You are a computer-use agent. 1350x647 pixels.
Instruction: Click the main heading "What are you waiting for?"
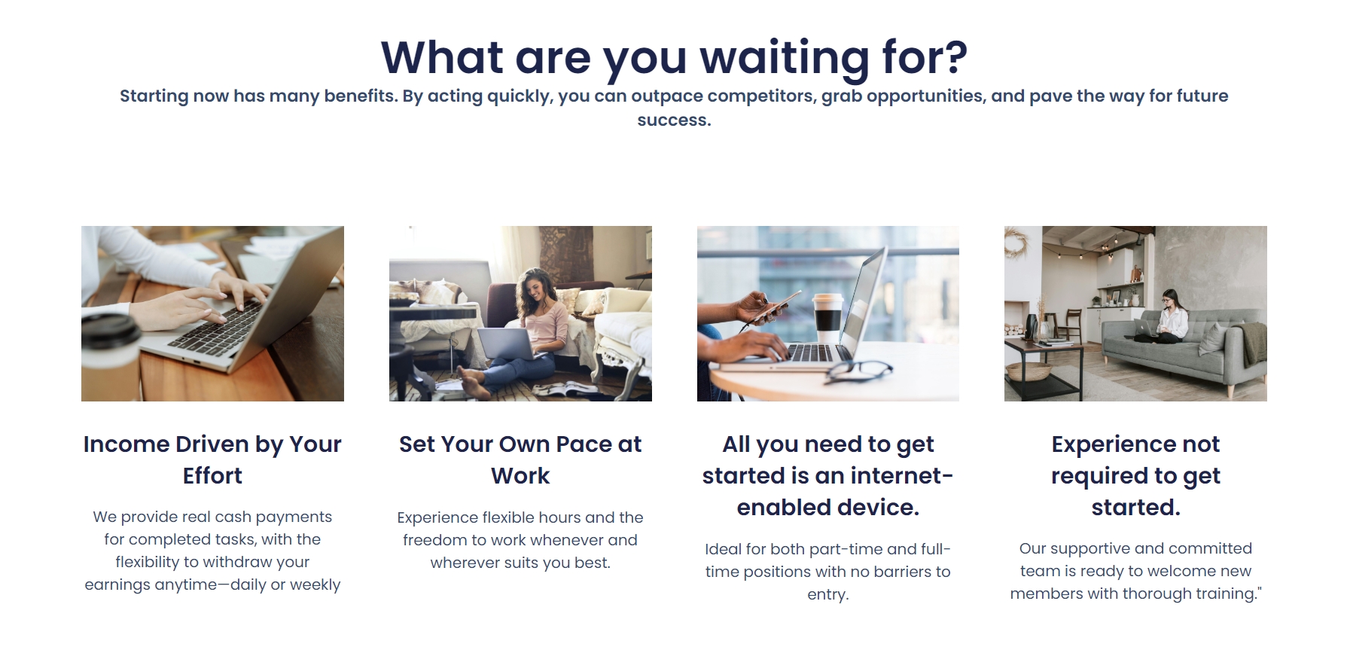pos(674,57)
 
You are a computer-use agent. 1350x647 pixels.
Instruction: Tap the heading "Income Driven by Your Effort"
pos(212,459)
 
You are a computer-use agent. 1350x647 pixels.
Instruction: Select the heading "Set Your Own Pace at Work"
pos(520,459)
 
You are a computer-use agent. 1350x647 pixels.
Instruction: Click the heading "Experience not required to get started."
pos(1135,475)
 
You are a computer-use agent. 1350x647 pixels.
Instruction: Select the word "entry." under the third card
pos(828,594)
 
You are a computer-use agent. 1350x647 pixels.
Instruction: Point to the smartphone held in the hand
pos(779,305)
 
